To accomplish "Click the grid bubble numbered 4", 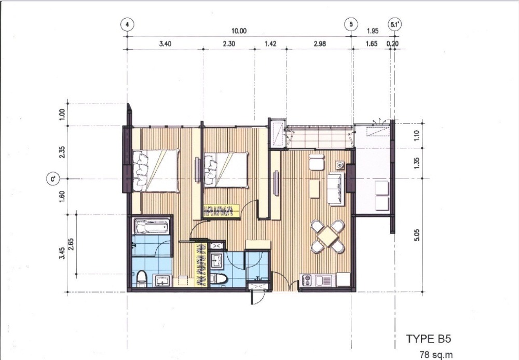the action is (128, 24).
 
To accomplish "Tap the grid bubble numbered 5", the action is (351, 24).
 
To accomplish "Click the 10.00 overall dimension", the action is (239, 31).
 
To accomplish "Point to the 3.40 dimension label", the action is (165, 44).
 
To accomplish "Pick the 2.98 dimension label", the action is (319, 44).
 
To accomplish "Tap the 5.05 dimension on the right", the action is (417, 235).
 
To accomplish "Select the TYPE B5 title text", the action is (428, 339).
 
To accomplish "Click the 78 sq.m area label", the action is (436, 355).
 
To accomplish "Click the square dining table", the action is (327, 236).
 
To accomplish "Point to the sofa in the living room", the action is (336, 189).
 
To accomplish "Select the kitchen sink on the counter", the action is (324, 281).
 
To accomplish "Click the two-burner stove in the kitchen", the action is (306, 281).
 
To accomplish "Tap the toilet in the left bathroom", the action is (142, 279).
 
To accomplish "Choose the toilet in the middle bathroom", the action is (219, 279).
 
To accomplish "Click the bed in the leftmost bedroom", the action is (156, 171).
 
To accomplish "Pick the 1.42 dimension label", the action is (270, 44).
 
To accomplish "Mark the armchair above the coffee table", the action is (317, 162).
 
